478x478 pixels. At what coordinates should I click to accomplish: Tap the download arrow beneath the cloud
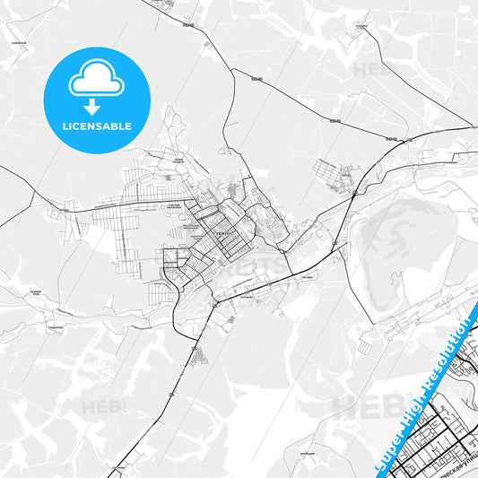coord(95,106)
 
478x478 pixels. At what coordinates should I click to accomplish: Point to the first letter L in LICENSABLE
coord(62,126)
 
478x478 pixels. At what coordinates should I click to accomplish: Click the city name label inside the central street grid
coord(222,231)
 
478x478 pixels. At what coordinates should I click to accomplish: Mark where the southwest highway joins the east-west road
coord(214,304)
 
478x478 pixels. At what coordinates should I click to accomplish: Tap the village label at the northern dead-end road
coord(164,4)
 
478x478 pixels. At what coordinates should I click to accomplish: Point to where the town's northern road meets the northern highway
coord(231,69)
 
